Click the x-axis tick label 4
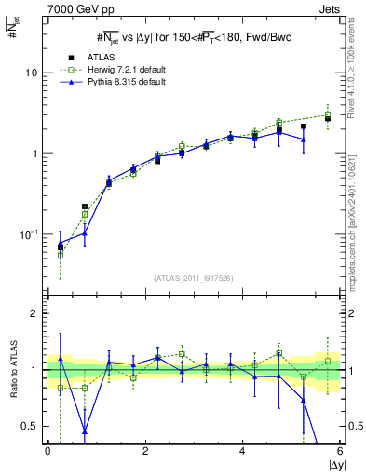243,451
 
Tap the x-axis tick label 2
145,451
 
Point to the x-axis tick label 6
341,451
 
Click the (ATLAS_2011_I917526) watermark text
194,277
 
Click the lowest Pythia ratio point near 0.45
85,431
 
